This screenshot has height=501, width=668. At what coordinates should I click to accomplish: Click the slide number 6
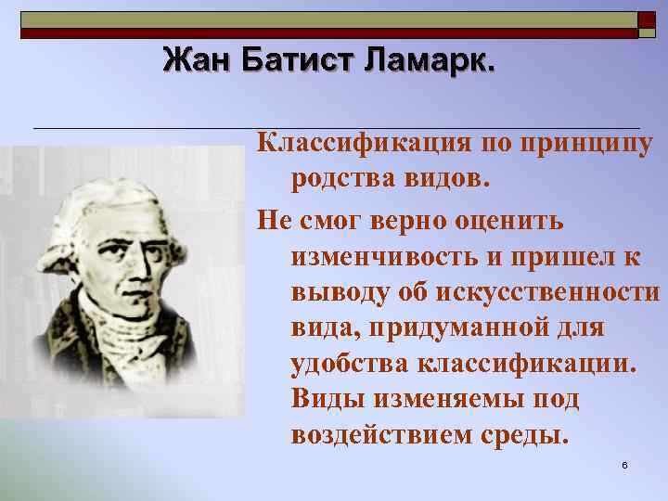(625, 464)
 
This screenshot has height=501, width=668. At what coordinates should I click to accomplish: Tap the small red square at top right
(647, 19)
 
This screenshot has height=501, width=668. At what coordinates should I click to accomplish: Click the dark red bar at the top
(325, 33)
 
